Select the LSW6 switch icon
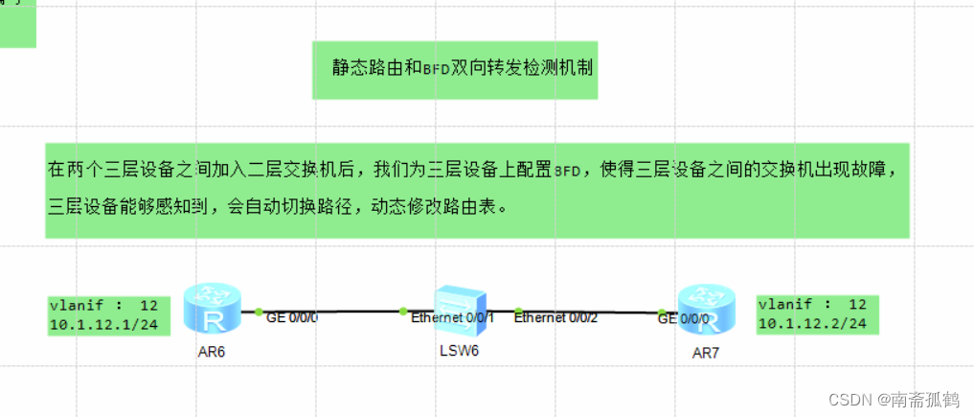460,308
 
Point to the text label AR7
706,353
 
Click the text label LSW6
460,351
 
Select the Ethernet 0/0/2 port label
556,318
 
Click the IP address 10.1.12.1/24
103,324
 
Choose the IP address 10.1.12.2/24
812,324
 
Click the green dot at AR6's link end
259,311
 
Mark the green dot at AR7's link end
661,312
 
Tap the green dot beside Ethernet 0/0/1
403,311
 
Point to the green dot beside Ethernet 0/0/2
518,311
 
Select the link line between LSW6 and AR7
589,312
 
